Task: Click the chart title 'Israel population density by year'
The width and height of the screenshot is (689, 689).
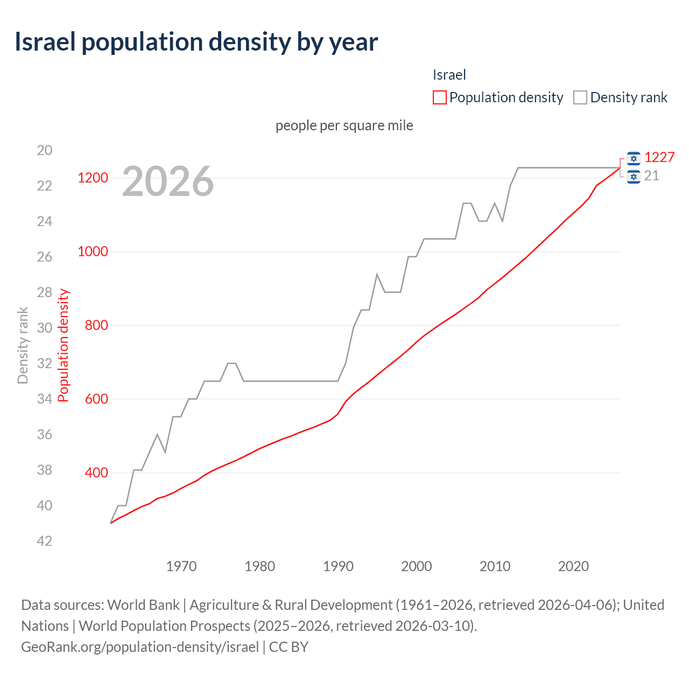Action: coord(196,42)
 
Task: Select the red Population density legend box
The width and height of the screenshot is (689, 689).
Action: coord(439,97)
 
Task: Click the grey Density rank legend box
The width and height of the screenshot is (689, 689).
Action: coord(580,97)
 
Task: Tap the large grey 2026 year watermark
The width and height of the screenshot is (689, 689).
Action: coord(167,181)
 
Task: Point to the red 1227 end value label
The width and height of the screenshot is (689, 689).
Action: coord(659,157)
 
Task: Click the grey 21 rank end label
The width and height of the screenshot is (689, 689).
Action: coord(651,176)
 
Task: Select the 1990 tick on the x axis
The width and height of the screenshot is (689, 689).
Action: coord(338,566)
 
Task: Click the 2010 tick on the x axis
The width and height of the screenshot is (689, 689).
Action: coord(495,566)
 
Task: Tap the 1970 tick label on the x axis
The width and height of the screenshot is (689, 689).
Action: coord(181,566)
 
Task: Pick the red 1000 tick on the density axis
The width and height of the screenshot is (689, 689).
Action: coord(93,251)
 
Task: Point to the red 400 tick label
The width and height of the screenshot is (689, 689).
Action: coord(96,473)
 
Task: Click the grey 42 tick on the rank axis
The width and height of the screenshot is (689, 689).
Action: coord(45,541)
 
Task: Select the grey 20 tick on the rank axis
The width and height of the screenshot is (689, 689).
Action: coord(45,150)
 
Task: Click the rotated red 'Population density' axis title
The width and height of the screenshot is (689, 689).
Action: coord(64,346)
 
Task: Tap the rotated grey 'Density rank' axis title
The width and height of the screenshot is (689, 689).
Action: coord(23,346)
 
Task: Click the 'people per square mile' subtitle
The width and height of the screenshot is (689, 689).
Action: coord(344,125)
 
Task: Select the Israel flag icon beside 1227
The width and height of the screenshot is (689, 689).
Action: coord(634,158)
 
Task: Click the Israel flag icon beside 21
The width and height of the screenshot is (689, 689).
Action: coord(634,176)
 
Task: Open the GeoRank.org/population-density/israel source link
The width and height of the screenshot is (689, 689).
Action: coord(140,646)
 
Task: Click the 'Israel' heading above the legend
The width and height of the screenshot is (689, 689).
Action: coord(449,75)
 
